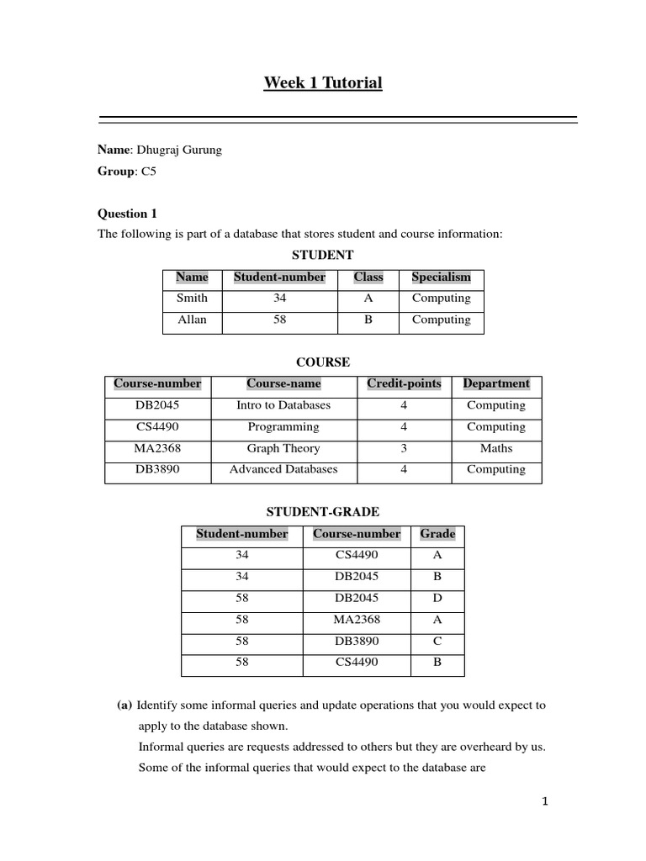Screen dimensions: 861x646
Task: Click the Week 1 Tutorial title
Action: click(323, 82)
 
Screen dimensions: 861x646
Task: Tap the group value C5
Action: click(149, 171)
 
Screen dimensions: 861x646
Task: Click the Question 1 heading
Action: click(127, 214)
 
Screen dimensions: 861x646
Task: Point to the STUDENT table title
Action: click(322, 255)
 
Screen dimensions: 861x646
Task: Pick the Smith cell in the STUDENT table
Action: click(192, 298)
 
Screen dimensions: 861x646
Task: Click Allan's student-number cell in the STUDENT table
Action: click(279, 320)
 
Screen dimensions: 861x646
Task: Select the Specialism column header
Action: click(441, 277)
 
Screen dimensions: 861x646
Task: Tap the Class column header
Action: click(368, 277)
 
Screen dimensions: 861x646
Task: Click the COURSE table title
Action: click(323, 362)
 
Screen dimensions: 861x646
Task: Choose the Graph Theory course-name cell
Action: click(283, 448)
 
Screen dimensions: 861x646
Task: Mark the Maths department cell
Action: click(496, 448)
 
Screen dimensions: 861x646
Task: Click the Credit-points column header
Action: click(404, 384)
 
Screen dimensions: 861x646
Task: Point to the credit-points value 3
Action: click(404, 448)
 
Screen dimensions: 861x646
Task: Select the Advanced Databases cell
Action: click(283, 469)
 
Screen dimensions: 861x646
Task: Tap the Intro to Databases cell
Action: click(283, 405)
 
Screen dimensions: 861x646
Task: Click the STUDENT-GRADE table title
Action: click(323, 511)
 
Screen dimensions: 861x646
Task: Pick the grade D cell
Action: click(437, 598)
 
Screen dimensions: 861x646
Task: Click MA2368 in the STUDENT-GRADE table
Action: click(357, 620)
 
